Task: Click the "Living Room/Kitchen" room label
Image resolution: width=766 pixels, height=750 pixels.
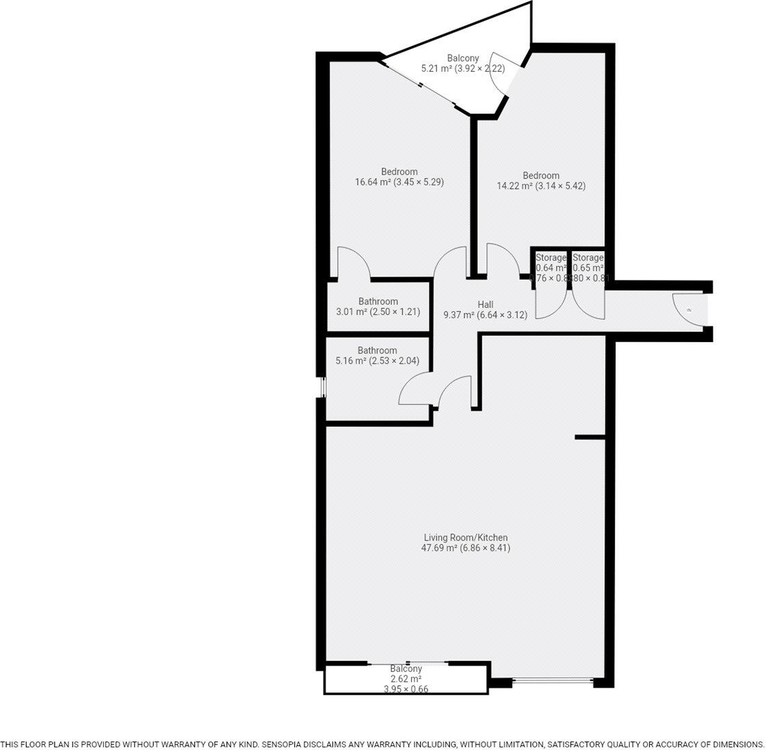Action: coord(465,537)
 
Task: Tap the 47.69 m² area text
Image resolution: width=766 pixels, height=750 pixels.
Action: coord(466,548)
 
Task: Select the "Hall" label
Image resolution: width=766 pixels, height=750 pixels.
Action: coord(485,305)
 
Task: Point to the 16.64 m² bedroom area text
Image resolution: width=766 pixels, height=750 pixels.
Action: coord(399,182)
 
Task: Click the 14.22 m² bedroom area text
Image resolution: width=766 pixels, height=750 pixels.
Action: coord(540,185)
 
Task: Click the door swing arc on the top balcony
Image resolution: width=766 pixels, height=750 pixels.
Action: coord(497,75)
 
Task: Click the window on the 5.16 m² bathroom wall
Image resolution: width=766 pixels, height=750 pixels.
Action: coord(323,387)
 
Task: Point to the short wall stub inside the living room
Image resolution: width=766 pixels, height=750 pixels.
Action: coord(590,437)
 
